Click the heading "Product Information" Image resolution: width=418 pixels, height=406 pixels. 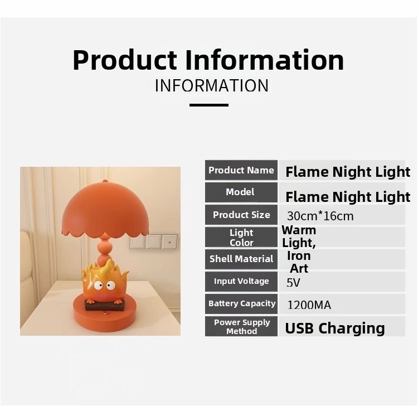click(208, 60)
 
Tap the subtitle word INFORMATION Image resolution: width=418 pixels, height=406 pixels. click(212, 86)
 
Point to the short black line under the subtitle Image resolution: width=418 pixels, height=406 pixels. click(209, 105)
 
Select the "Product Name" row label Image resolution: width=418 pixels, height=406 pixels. click(241, 171)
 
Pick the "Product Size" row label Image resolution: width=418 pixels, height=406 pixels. click(241, 215)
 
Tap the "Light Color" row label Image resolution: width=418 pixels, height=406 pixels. click(241, 238)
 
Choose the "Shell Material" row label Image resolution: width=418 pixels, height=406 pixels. click(241, 259)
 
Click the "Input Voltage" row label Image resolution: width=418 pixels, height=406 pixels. click(241, 281)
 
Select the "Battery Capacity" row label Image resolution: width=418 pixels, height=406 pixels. click(241, 303)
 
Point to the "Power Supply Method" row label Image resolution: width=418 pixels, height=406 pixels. click(241, 326)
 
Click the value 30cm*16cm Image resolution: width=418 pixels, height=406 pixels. click(320, 216)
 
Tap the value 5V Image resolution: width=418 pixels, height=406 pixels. click(293, 283)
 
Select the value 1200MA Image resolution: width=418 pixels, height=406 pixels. click(309, 305)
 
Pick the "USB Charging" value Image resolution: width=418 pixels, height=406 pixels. click(334, 328)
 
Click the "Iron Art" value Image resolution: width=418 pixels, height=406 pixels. click(299, 262)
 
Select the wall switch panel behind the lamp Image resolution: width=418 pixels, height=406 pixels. click(154, 241)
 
